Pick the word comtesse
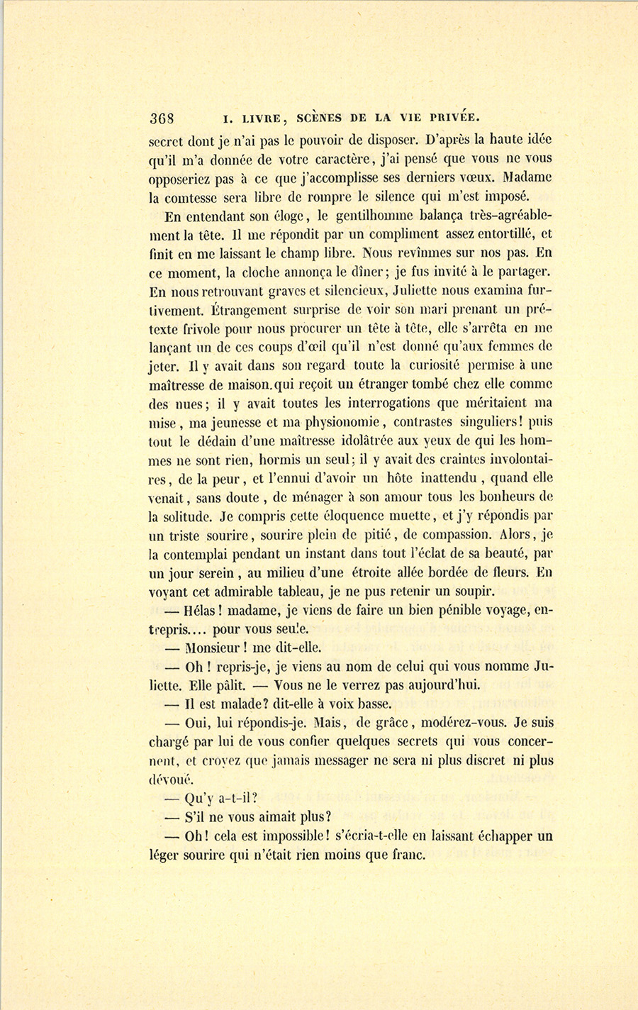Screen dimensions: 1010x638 pos(198,196)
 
